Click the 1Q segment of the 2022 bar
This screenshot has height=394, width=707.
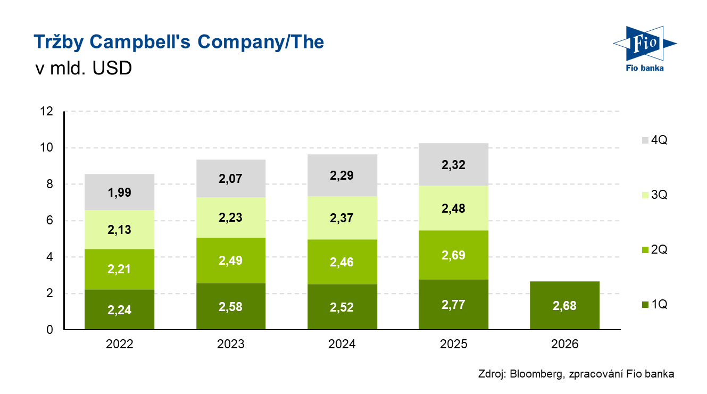[x=119, y=309]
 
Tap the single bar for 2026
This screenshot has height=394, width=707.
[x=565, y=305]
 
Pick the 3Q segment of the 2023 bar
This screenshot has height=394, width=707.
[x=231, y=217]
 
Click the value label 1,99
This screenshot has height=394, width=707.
[x=119, y=192]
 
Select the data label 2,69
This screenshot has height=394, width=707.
[x=454, y=255]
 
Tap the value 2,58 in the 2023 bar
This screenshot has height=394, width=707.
[x=231, y=307]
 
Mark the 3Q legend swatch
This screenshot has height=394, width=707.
[x=645, y=195]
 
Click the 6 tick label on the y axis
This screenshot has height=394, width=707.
[x=49, y=221]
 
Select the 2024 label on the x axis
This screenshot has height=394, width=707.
[x=342, y=344]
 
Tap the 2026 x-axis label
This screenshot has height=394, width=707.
[x=565, y=344]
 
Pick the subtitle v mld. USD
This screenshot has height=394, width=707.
[x=82, y=69]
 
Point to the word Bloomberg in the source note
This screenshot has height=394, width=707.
[x=535, y=374]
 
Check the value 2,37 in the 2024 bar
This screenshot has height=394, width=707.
[x=342, y=219]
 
